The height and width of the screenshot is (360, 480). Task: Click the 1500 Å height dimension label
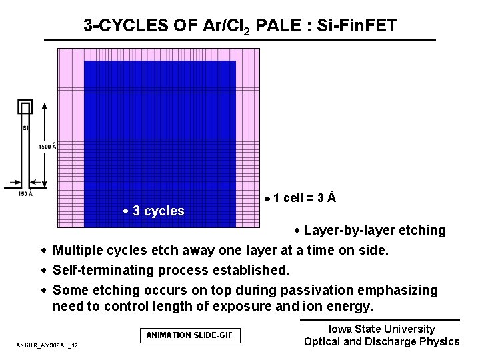point(47,147)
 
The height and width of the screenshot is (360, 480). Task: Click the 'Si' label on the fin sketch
point(25,129)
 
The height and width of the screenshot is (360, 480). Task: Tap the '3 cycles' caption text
point(158,211)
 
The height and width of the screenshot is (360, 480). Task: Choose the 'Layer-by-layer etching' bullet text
point(375,231)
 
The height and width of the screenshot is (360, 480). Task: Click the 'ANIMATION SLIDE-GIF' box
point(189,335)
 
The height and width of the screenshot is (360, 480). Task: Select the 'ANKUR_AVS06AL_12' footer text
point(47,345)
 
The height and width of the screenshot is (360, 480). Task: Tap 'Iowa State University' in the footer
point(381,329)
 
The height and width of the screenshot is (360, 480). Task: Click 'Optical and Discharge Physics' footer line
point(381,342)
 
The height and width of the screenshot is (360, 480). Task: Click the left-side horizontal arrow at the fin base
point(13,182)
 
